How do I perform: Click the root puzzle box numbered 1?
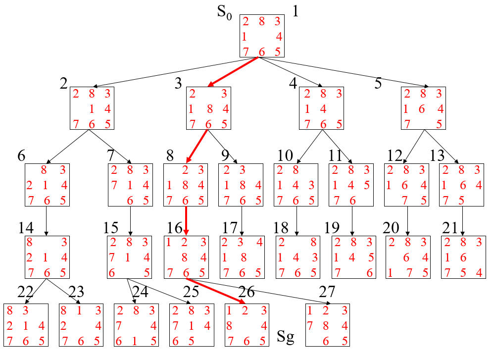(x=262, y=36)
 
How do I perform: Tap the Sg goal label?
(x=285, y=338)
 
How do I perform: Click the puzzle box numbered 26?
(x=247, y=325)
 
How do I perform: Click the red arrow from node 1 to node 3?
(x=233, y=72)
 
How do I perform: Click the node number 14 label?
(x=26, y=228)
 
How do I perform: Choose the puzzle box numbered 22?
(x=26, y=325)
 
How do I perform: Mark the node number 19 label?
(x=333, y=228)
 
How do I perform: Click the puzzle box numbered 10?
(x=296, y=185)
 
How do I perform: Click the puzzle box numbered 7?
(x=130, y=185)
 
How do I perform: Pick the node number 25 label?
(x=191, y=293)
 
